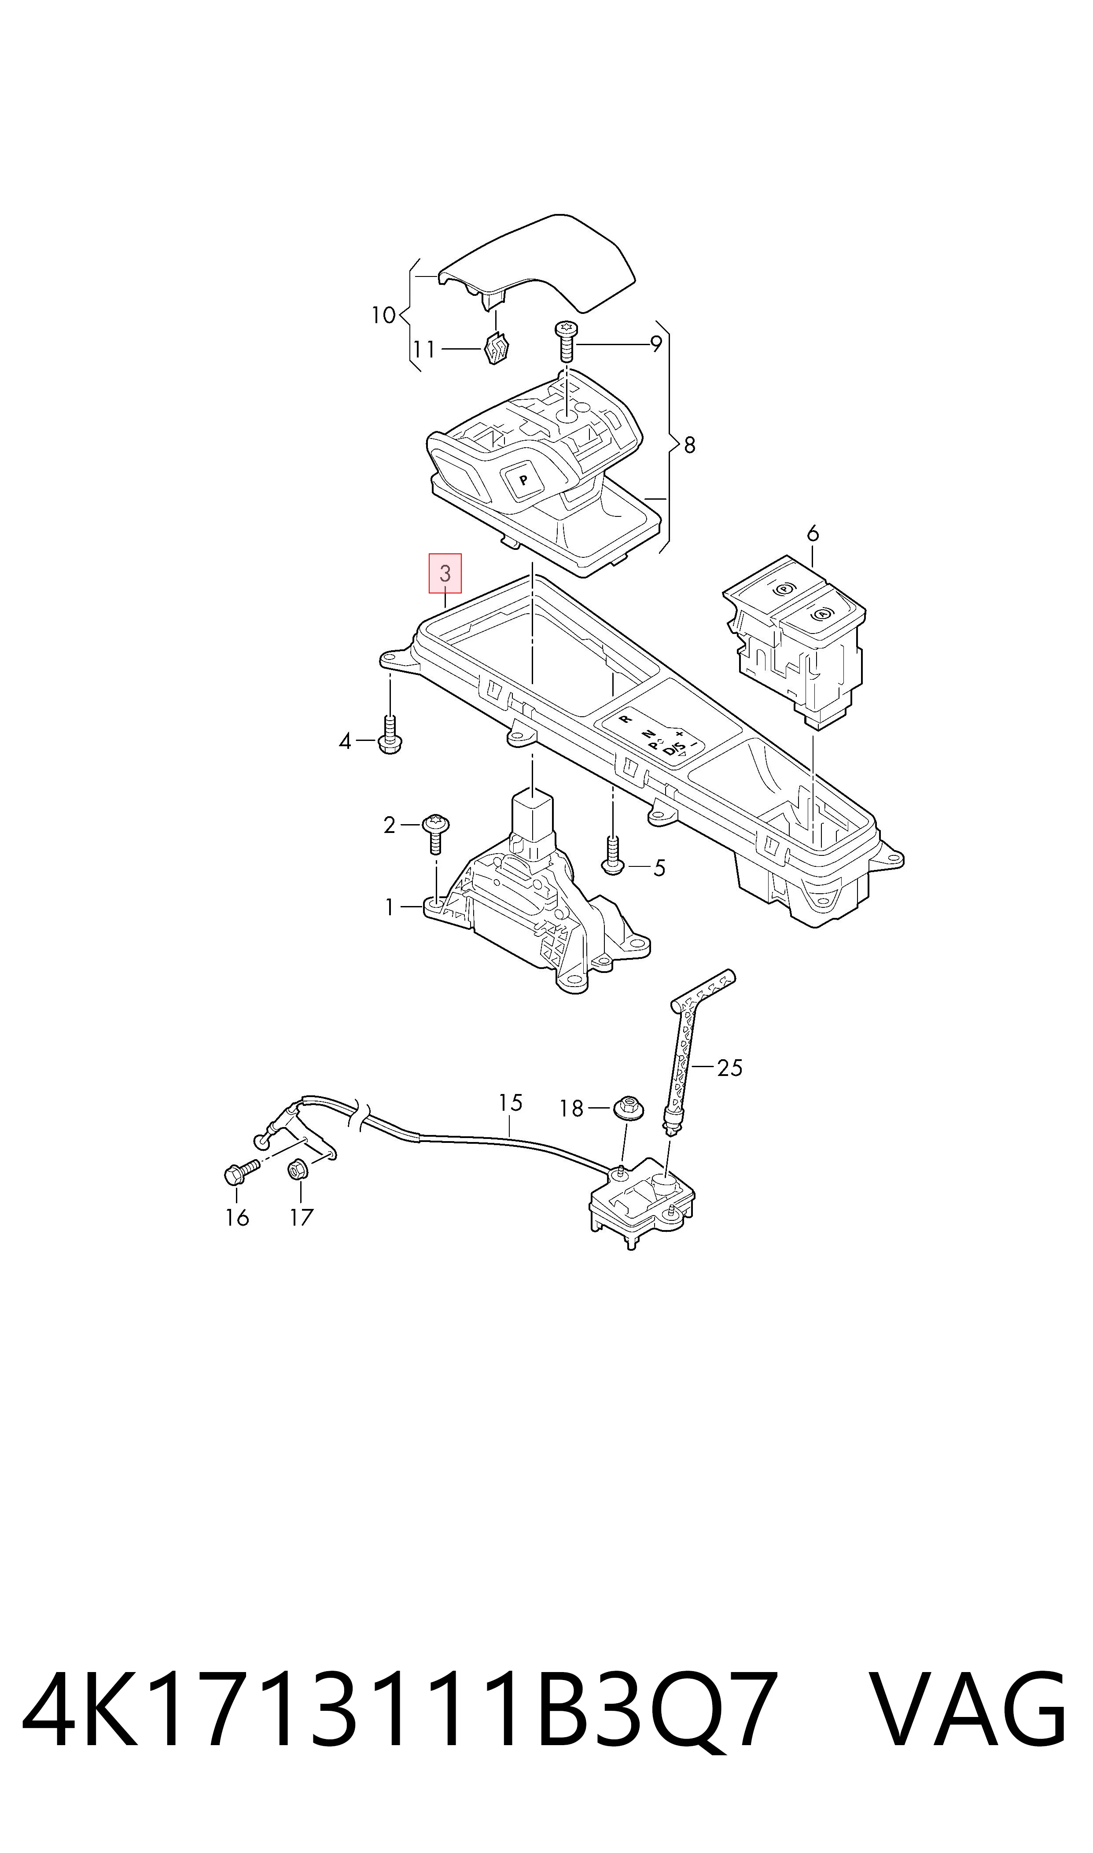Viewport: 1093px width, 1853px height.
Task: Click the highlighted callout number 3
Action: pos(445,574)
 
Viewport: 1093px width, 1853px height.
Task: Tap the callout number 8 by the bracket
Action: pos(689,445)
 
